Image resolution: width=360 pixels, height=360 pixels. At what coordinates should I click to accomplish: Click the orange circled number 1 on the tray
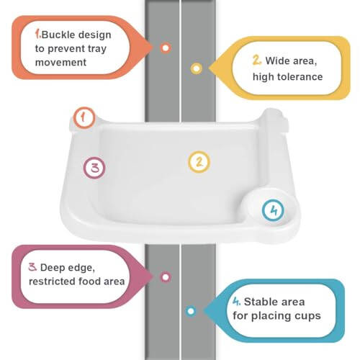point(85,117)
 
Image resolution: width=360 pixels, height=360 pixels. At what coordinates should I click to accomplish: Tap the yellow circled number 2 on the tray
point(199,162)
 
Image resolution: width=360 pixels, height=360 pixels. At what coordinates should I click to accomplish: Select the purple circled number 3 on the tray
point(94,168)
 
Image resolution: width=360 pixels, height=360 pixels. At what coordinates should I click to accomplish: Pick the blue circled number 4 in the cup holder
point(272,210)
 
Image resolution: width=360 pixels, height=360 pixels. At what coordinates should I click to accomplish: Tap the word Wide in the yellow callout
point(278,60)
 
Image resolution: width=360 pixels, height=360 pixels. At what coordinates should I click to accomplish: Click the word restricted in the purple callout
point(53,282)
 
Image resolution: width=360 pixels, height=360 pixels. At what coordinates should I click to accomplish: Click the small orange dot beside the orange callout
point(166,48)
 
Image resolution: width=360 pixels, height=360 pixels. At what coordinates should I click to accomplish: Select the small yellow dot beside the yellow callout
point(196,68)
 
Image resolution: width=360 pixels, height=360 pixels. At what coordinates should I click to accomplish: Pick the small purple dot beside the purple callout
point(166,276)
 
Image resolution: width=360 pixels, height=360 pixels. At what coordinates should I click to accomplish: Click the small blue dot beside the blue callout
point(191,311)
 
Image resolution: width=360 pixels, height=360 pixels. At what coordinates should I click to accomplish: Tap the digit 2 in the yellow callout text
point(256,60)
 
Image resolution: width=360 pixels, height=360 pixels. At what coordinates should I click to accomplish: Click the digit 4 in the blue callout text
point(236,302)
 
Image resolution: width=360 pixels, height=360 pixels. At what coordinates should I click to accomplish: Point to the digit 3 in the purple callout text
point(32,267)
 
